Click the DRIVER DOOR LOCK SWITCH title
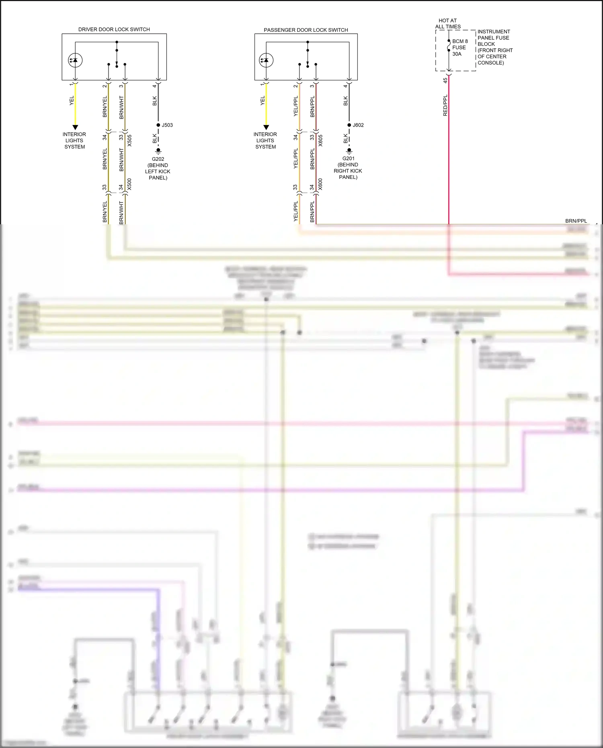click(114, 29)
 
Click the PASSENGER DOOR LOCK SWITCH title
click(306, 30)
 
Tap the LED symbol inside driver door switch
click(75, 60)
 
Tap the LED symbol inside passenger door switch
click(266, 60)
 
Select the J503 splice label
click(167, 125)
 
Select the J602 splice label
click(358, 125)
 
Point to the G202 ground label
click(158, 159)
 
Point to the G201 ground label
click(349, 158)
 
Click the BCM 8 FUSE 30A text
click(459, 47)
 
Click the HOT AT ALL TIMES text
click(448, 23)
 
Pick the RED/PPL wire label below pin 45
click(445, 106)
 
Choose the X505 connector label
click(129, 140)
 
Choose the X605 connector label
click(320, 140)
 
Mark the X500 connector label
click(129, 184)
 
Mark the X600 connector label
click(320, 184)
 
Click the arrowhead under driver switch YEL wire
click(75, 127)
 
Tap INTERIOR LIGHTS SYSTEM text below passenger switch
click(265, 140)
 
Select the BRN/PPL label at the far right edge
click(576, 221)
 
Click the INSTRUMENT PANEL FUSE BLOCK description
click(494, 47)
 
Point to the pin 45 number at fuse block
click(445, 80)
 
